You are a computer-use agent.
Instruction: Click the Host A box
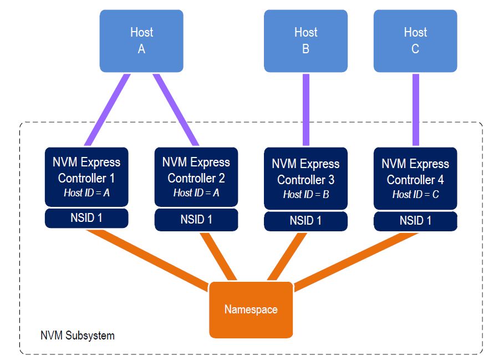141,40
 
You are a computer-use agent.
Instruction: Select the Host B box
305,40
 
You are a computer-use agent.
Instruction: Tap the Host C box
415,40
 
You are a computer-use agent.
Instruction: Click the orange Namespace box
251,310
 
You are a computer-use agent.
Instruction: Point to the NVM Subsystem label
78,336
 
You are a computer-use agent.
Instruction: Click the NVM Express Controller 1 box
86,176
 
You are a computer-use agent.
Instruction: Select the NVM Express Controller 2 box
196,176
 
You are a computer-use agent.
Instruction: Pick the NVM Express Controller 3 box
305,178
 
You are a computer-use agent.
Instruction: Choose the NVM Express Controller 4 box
415,178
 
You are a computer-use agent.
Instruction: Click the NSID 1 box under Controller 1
86,218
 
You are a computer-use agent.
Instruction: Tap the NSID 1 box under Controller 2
196,220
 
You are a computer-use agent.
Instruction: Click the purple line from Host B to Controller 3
305,109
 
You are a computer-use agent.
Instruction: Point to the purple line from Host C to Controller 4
415,109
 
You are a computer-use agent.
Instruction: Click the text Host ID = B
305,195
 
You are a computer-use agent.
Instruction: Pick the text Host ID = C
415,195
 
